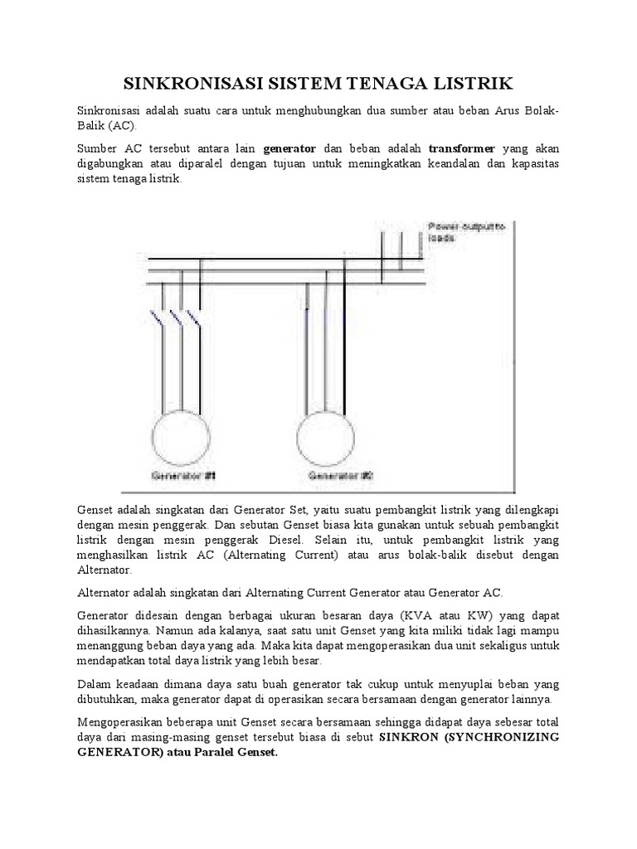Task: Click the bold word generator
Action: click(x=289, y=148)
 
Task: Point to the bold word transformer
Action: click(x=462, y=148)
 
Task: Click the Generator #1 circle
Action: click(x=182, y=434)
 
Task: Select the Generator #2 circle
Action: click(x=329, y=434)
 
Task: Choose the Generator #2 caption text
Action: click(x=340, y=476)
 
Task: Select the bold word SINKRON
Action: click(x=407, y=736)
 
